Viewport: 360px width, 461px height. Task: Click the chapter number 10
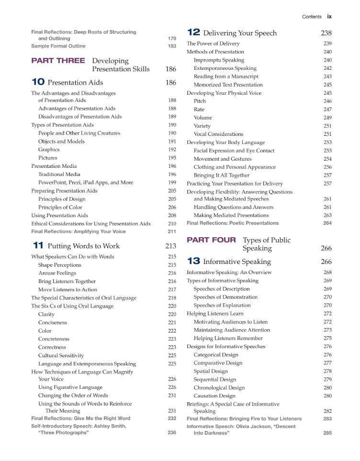pyautogui.click(x=38, y=82)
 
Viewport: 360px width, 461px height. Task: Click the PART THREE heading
pyautogui.click(x=58, y=61)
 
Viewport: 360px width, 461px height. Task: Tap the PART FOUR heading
pyautogui.click(x=211, y=240)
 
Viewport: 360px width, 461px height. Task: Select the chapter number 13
pyautogui.click(x=193, y=262)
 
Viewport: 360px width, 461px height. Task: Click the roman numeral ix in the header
pyautogui.click(x=329, y=16)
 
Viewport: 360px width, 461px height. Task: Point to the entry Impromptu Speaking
pyautogui.click(x=219, y=60)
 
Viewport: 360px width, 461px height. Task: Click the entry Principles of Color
pyautogui.click(x=60, y=207)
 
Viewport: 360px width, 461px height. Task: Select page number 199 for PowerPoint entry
pyautogui.click(x=172, y=183)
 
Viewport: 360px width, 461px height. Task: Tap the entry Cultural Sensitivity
pyautogui.click(x=61, y=355)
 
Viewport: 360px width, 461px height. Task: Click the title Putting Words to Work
pyautogui.click(x=83, y=246)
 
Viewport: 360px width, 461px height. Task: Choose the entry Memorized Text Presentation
pyautogui.click(x=228, y=85)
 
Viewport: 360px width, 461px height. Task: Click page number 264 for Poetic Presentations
pyautogui.click(x=327, y=223)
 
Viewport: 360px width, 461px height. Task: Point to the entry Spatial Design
pyautogui.click(x=211, y=371)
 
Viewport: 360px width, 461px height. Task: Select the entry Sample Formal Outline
pyautogui.click(x=58, y=46)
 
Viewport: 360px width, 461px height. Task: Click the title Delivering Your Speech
pyautogui.click(x=240, y=33)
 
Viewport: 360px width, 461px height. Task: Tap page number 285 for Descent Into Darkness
pyautogui.click(x=327, y=433)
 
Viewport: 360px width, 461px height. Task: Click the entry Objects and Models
pyautogui.click(x=61, y=142)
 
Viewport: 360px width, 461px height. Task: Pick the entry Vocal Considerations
pyautogui.click(x=218, y=134)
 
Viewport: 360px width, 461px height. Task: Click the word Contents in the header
pyautogui.click(x=312, y=17)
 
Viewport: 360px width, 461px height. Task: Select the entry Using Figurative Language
pyautogui.click(x=70, y=387)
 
